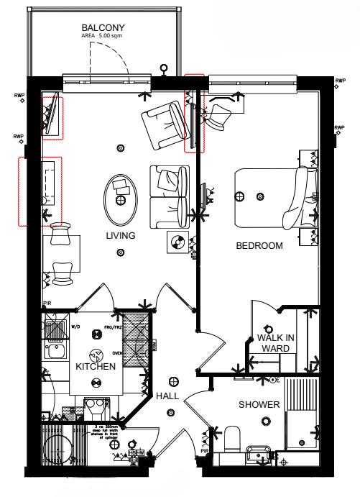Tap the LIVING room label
(121, 235)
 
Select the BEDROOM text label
(259, 245)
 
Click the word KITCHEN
(96, 367)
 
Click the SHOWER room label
(259, 405)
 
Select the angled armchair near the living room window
(164, 122)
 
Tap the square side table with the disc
(177, 242)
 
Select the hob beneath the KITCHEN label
(94, 405)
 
